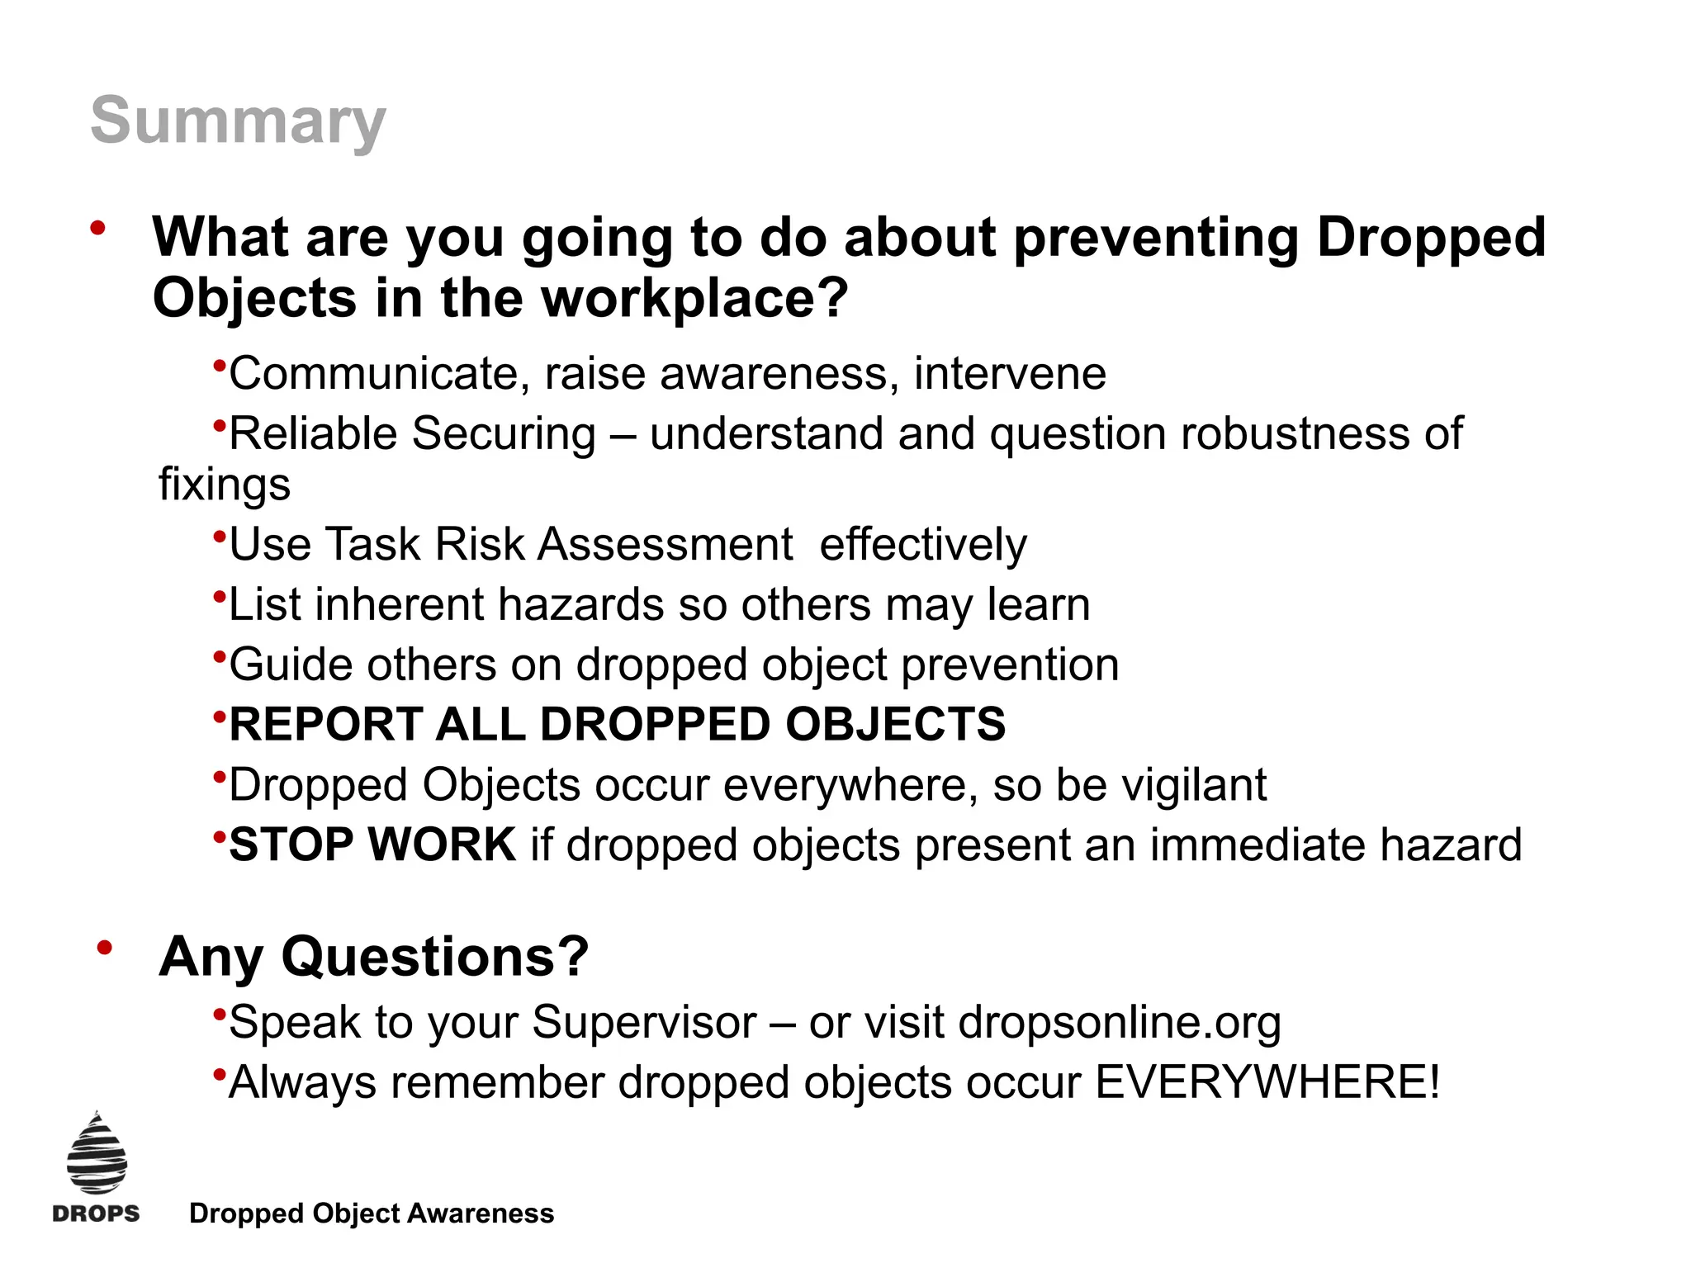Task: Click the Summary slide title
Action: [238, 121]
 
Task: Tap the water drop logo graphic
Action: [97, 1154]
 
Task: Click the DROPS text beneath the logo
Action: [96, 1214]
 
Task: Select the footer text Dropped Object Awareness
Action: [372, 1214]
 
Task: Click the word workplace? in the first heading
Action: [694, 298]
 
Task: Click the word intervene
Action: [1010, 373]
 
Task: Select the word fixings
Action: [225, 484]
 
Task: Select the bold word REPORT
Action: [325, 725]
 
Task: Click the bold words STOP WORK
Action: [372, 845]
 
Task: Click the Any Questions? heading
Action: [374, 957]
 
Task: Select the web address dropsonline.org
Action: [1120, 1023]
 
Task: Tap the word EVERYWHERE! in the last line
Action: [1267, 1082]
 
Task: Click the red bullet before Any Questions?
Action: [104, 949]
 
